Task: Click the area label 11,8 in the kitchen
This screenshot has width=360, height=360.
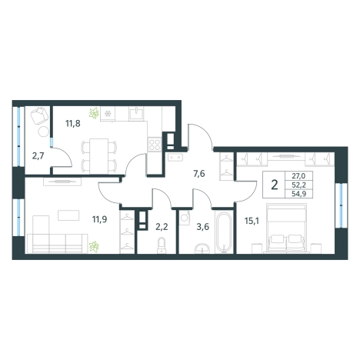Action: click(73, 124)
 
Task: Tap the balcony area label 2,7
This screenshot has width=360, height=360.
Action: click(38, 156)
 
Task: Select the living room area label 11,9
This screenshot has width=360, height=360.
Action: click(100, 219)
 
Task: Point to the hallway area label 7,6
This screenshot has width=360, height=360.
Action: click(199, 174)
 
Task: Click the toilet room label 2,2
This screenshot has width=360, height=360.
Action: click(162, 227)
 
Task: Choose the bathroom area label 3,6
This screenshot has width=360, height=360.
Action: click(203, 227)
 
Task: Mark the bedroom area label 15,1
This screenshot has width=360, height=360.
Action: click(252, 221)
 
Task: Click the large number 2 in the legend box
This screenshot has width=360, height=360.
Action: click(275, 185)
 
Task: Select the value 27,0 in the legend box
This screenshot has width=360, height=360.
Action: click(298, 176)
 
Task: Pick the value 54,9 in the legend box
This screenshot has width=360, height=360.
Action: click(298, 194)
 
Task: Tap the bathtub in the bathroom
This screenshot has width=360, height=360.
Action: click(224, 232)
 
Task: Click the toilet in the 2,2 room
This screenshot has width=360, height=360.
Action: click(162, 245)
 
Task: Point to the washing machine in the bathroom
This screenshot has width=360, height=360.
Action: click(185, 218)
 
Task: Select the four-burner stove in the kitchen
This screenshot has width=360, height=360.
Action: click(155, 145)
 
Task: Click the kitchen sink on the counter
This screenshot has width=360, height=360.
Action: click(136, 113)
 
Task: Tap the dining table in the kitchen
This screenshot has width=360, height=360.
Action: click(99, 156)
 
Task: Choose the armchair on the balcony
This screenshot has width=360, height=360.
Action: click(40, 116)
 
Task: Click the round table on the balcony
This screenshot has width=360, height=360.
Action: click(44, 132)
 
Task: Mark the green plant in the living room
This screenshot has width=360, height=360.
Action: click(94, 246)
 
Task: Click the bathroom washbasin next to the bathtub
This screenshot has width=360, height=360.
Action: click(202, 248)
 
